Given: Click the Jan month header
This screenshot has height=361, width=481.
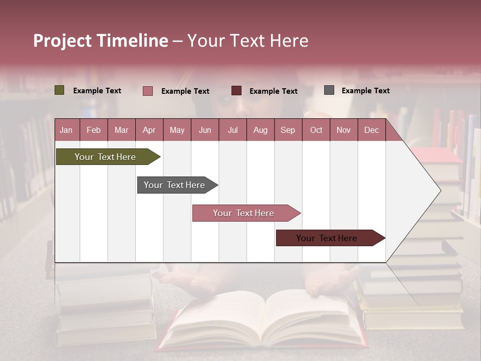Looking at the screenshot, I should click(x=66, y=130).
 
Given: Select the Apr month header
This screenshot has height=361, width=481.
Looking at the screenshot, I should click(x=149, y=130).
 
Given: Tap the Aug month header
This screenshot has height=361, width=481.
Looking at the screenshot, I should click(x=260, y=130).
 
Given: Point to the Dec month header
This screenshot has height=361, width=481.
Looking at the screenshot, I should click(x=371, y=130).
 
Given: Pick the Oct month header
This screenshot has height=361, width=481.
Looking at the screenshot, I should click(x=316, y=130).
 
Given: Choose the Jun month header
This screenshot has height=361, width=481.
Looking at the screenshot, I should click(x=204, y=130).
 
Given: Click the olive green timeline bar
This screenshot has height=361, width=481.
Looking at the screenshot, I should click(x=106, y=157).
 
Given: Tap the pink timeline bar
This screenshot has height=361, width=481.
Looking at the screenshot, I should click(x=244, y=213).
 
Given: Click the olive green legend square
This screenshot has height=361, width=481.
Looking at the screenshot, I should click(x=59, y=90).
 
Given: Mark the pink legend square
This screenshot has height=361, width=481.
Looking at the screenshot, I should click(x=147, y=91).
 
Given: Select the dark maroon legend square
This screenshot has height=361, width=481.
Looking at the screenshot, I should click(x=236, y=91).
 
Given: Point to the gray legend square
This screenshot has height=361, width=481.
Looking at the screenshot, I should click(x=329, y=90).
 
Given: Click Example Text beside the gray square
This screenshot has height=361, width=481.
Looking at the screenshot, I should click(x=365, y=91).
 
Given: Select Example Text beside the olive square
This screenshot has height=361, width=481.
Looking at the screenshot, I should click(x=97, y=91).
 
